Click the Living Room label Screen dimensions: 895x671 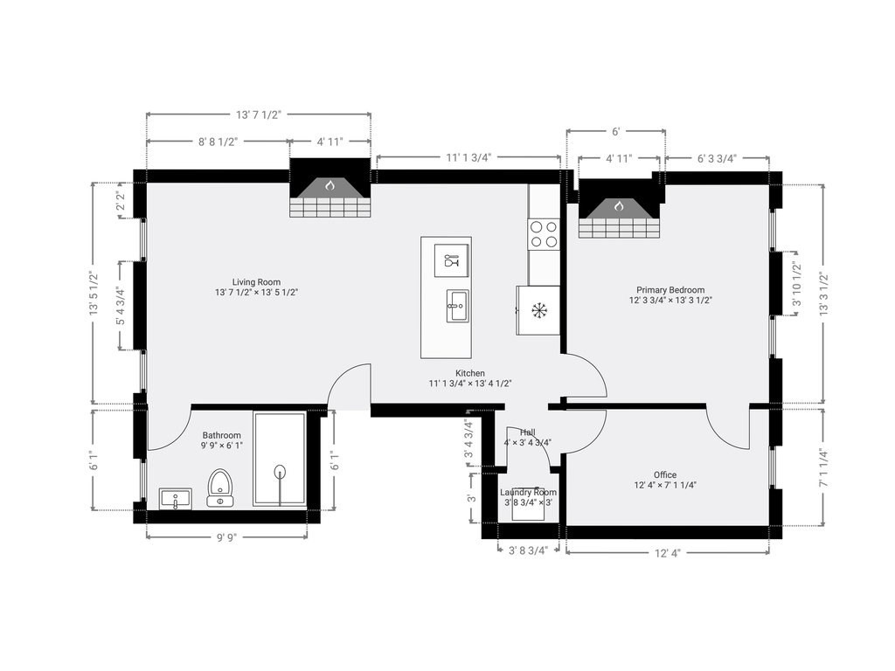click(x=256, y=282)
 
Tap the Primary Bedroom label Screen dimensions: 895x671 click(x=670, y=290)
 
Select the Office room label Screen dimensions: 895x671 click(x=665, y=474)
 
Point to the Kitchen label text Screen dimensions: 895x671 click(x=469, y=373)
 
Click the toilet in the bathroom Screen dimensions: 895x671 click(x=219, y=488)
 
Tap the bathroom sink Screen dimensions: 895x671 click(x=175, y=499)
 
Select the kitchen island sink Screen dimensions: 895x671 click(x=457, y=306)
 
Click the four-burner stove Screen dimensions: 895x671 click(x=544, y=234)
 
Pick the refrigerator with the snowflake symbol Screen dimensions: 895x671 click(x=538, y=310)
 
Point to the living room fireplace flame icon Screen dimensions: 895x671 click(x=330, y=185)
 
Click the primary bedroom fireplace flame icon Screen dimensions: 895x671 click(x=619, y=206)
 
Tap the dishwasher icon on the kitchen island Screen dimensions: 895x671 click(x=452, y=260)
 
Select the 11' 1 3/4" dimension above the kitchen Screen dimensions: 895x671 click(x=468, y=157)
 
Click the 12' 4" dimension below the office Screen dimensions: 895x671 click(x=667, y=553)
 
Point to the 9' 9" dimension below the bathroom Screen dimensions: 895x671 click(x=227, y=537)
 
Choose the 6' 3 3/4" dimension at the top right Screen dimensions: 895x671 click(x=717, y=159)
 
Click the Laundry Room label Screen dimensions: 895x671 click(x=528, y=493)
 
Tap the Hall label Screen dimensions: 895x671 click(x=527, y=432)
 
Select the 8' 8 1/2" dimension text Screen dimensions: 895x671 click(x=218, y=142)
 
